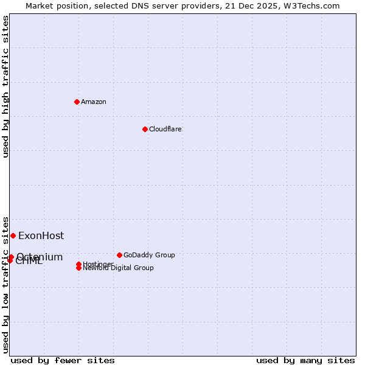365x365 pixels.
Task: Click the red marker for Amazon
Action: (77, 102)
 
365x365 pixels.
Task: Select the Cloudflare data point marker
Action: (145, 129)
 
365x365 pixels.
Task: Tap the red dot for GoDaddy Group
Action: (119, 255)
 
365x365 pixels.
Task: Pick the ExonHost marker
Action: (13, 235)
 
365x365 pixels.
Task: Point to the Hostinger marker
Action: (79, 264)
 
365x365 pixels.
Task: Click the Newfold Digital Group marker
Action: (79, 268)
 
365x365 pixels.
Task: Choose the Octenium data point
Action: (11, 257)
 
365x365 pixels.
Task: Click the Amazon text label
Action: (93, 102)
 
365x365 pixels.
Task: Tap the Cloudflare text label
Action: (165, 129)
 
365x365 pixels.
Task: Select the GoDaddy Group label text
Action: (149, 255)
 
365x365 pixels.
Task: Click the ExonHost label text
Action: (41, 236)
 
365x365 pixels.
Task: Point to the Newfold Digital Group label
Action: (118, 268)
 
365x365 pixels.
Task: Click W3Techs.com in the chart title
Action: (311, 5)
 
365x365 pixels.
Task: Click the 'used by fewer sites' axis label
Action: (63, 360)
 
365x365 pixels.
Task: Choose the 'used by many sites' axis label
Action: (305, 360)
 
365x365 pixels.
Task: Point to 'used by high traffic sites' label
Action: (5, 86)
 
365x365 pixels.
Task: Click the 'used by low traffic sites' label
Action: (5, 284)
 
